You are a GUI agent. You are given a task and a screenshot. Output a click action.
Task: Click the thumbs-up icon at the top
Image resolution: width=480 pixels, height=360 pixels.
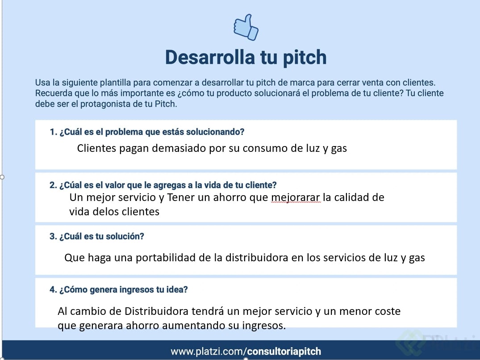[246, 27]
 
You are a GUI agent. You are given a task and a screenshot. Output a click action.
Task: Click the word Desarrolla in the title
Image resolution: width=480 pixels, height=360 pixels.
[210, 57]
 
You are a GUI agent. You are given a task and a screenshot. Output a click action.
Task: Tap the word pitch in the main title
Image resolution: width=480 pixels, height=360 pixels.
[305, 58]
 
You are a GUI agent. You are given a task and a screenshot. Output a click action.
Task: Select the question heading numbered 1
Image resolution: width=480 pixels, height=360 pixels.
[147, 132]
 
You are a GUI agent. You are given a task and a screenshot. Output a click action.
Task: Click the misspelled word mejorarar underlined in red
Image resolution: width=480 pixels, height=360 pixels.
[296, 198]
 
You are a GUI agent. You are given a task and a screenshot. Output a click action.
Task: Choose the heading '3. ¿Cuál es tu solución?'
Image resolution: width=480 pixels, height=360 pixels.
[97, 236]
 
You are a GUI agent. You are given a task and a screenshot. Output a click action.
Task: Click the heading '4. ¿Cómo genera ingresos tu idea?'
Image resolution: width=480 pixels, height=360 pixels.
[118, 289]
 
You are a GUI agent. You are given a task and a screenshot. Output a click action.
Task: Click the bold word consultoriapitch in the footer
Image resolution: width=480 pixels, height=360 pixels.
[284, 352]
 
